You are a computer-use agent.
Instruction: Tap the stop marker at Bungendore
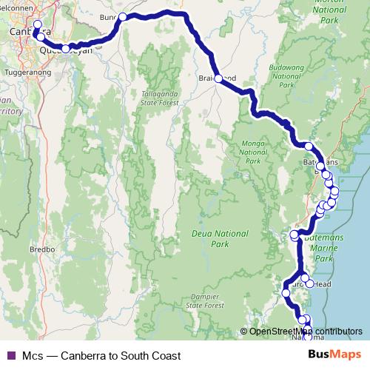[x=123, y=17]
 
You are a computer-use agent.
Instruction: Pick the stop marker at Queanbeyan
[x=65, y=49]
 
